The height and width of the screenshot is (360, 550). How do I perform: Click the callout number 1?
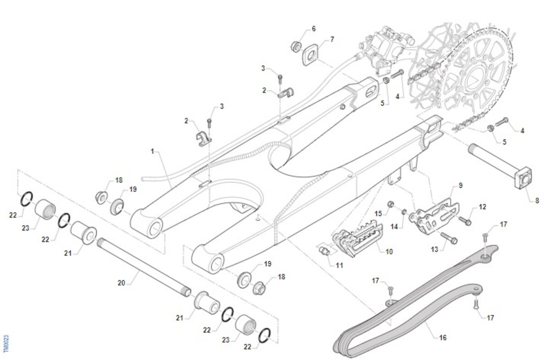click(152, 150)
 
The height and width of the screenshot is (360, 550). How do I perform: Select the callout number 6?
click(313, 29)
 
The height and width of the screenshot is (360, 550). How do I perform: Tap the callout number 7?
click(332, 39)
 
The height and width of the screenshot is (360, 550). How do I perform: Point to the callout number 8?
click(537, 201)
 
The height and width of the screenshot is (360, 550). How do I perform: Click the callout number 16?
click(442, 338)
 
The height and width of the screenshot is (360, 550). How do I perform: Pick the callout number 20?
click(121, 283)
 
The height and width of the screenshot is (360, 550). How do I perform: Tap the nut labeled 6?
click(296, 46)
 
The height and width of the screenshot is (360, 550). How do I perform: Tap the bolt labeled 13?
click(449, 238)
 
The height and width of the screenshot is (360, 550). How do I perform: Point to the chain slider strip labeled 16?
click(412, 311)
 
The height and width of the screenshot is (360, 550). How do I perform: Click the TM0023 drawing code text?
click(6, 344)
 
